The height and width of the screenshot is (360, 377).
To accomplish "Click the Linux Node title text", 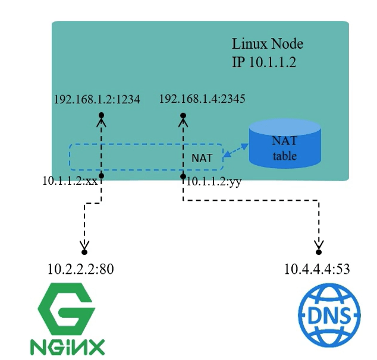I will pos(267,45).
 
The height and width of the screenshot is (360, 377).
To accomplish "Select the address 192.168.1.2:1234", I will pos(97,100).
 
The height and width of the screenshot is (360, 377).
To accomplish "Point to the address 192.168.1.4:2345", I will pos(202,99).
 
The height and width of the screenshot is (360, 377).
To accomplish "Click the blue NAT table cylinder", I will pos(285,144).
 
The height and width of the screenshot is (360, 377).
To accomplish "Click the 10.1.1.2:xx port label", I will pos(70,180).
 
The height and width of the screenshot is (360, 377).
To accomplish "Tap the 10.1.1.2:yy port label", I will pos(213,182).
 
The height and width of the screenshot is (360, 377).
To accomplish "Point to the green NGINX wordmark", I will pos(67,346).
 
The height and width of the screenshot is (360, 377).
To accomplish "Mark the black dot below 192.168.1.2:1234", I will pos(102,115).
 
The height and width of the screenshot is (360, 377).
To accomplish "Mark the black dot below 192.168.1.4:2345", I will pos(183,115).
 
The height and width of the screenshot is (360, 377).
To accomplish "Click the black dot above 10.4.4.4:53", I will pos(319,252).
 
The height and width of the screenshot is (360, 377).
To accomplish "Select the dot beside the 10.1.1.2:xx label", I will pos(102,176).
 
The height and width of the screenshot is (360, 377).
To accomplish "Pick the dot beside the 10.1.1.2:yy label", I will pos(183,176).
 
